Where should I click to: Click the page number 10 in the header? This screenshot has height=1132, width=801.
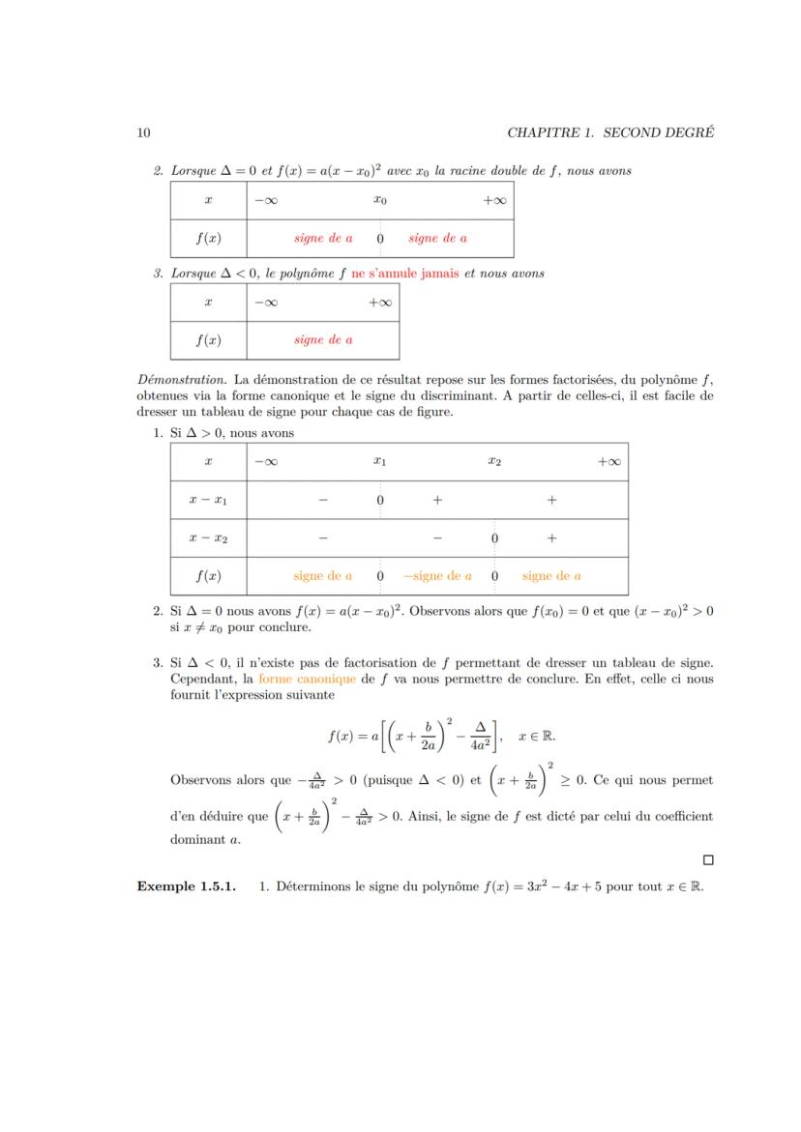(x=143, y=132)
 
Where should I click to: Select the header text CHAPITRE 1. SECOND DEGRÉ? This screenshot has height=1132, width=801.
(x=609, y=132)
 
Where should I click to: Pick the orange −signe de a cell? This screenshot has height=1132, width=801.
(x=437, y=575)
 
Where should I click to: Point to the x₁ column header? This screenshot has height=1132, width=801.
(x=380, y=462)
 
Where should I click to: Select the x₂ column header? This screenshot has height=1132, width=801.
(x=494, y=462)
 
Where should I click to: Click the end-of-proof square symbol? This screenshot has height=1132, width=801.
(x=708, y=859)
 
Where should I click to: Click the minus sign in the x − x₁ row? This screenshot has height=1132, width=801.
(x=322, y=500)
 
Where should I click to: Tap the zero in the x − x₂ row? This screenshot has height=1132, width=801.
(x=494, y=537)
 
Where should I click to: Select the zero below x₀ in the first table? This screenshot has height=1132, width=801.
(x=380, y=238)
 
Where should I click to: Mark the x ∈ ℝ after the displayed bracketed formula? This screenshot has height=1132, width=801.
(x=537, y=736)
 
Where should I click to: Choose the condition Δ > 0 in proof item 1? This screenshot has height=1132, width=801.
(x=198, y=433)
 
